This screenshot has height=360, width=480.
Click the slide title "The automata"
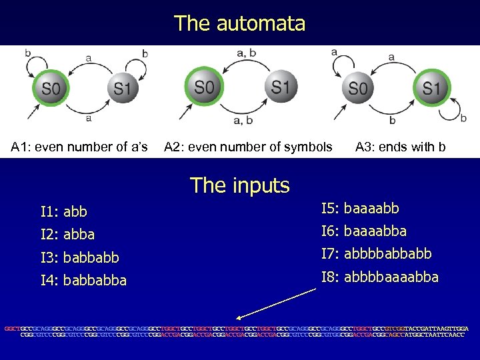pyautogui.click(x=239, y=23)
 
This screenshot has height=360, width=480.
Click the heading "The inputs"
pyautogui.click(x=239, y=185)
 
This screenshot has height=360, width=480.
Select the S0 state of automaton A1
pyautogui.click(x=51, y=88)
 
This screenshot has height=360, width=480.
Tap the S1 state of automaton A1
pyautogui.click(x=121, y=88)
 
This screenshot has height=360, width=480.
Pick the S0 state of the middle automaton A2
pyautogui.click(x=204, y=87)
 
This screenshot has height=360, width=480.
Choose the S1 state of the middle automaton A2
pyautogui.click(x=280, y=87)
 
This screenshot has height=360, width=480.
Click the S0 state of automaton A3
pyautogui.click(x=358, y=88)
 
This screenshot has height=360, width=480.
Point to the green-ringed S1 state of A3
pyautogui.click(x=431, y=88)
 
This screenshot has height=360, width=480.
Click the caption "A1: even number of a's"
pyautogui.click(x=79, y=147)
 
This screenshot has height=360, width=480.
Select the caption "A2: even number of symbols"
pyautogui.click(x=248, y=147)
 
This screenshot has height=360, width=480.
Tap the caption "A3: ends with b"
pyautogui.click(x=400, y=147)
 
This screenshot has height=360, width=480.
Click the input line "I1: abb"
pyautogui.click(x=64, y=212)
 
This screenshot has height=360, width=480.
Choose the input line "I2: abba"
pyautogui.click(x=67, y=234)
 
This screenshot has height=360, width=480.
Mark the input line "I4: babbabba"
pyautogui.click(x=83, y=279)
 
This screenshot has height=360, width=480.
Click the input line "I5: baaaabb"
pyautogui.click(x=360, y=209)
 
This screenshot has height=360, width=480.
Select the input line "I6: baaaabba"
pyautogui.click(x=364, y=231)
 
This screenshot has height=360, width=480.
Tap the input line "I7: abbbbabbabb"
pyautogui.click(x=376, y=254)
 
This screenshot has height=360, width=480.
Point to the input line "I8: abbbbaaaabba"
pyautogui.click(x=380, y=277)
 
